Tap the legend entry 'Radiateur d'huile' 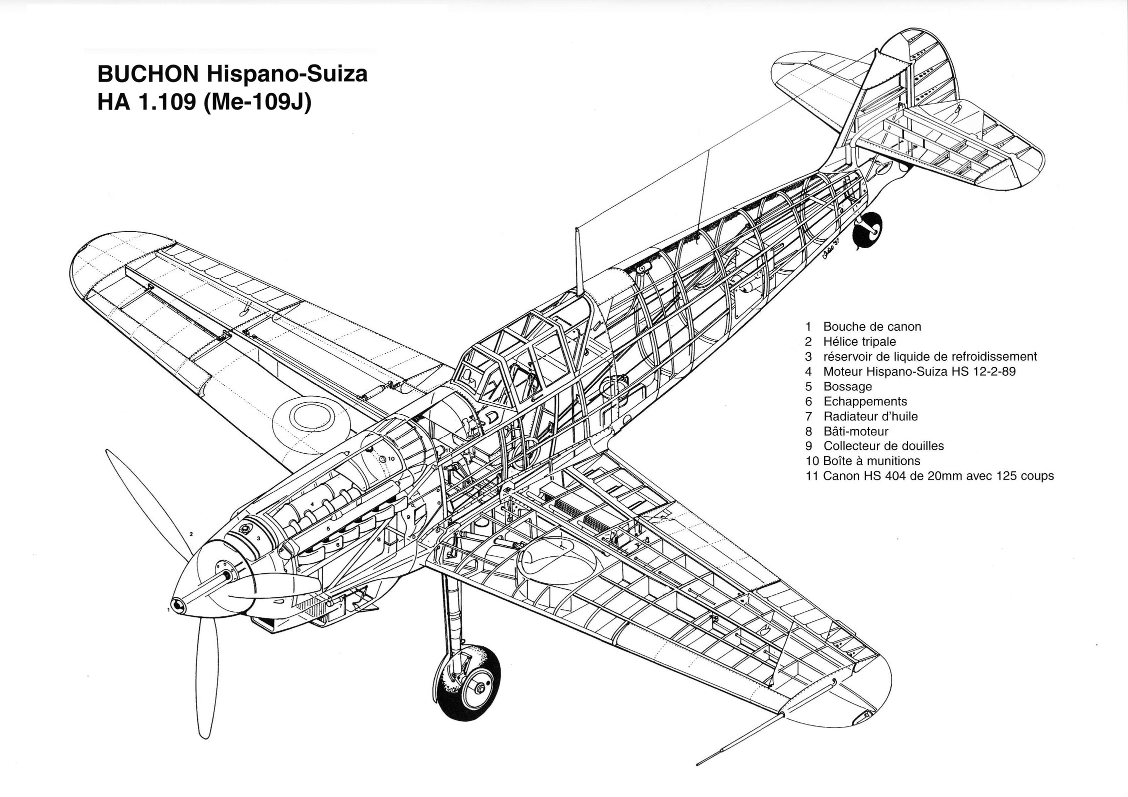click(870, 416)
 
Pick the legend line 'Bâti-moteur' click(855, 431)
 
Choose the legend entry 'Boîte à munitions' click(871, 461)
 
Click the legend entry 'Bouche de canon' click(871, 327)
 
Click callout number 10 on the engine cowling click(391, 458)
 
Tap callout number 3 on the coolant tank click(258, 538)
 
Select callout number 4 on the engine click(312, 505)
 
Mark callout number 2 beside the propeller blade click(191, 534)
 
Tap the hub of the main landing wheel click(480, 689)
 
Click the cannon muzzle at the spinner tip click(178, 606)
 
